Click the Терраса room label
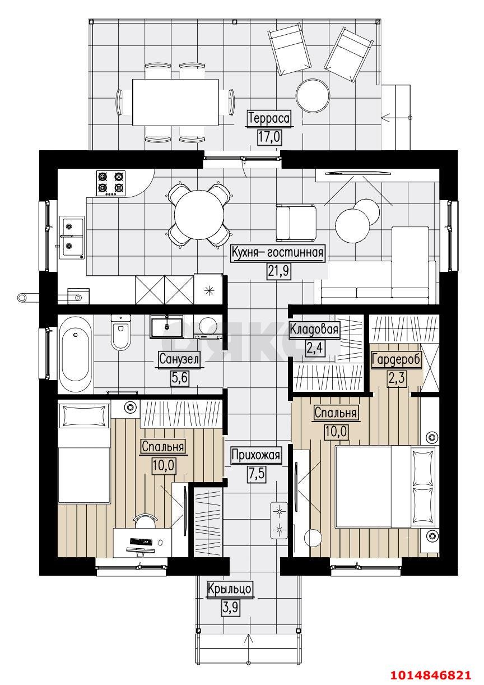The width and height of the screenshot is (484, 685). [269, 118]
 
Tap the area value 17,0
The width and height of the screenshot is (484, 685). [269, 137]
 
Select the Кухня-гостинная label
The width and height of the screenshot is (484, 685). [277, 253]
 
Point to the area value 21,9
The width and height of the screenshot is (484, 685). [278, 271]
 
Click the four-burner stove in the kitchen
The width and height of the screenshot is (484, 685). [110, 183]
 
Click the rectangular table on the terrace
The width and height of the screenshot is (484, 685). [175, 102]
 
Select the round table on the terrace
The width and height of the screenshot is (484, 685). [313, 96]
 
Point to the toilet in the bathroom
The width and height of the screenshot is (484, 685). [120, 332]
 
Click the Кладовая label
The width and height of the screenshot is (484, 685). [314, 330]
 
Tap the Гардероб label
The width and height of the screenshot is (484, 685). [396, 359]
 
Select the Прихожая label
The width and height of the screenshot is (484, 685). [256, 455]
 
